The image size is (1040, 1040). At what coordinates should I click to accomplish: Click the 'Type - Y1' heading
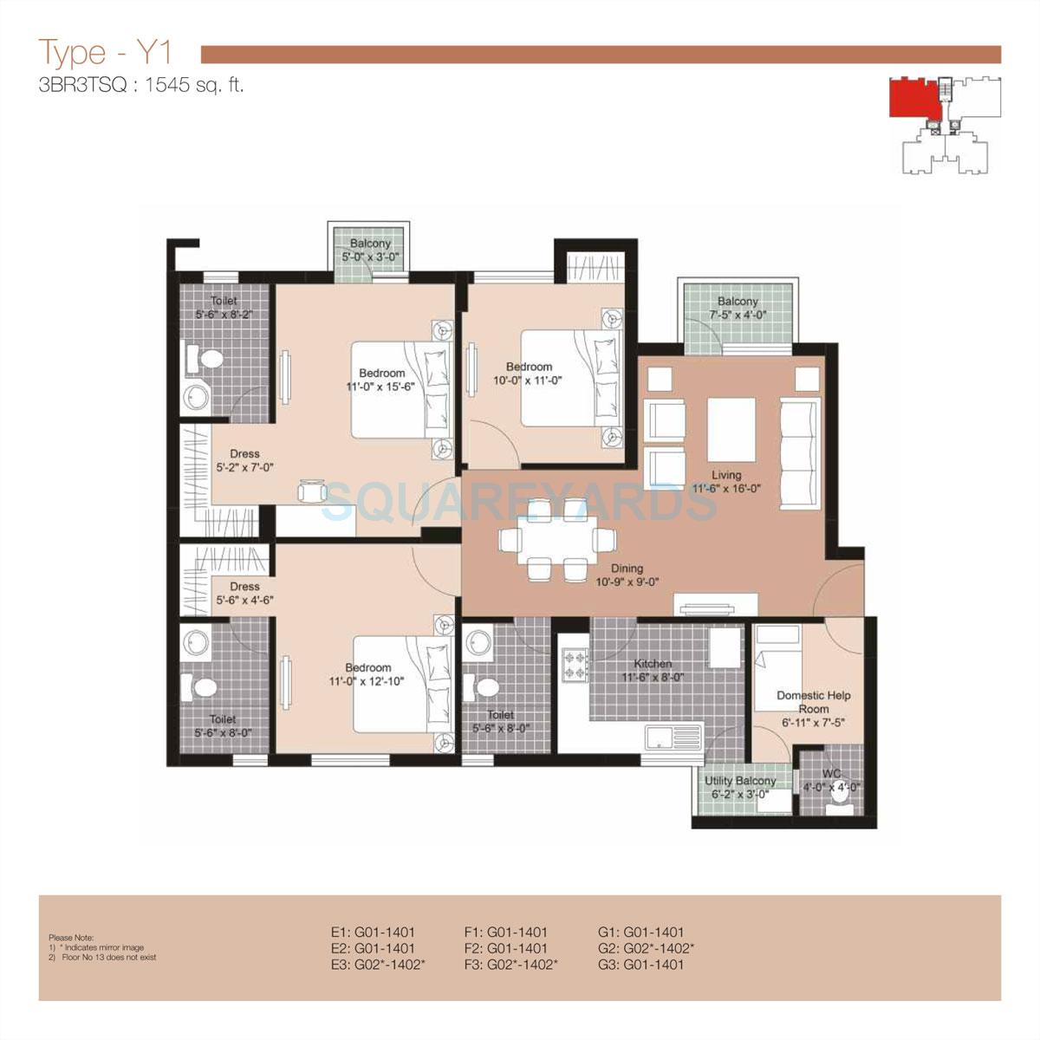(x=105, y=53)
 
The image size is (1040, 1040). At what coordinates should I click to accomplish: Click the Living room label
(x=726, y=475)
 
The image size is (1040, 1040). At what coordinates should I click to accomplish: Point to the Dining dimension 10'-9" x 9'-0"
(x=627, y=582)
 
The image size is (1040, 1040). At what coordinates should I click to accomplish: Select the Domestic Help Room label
(x=813, y=702)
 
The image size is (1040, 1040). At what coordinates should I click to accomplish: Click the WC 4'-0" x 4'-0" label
(x=831, y=781)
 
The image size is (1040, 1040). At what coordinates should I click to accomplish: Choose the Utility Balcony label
(x=740, y=781)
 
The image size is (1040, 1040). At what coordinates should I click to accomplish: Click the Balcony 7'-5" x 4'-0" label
(x=737, y=308)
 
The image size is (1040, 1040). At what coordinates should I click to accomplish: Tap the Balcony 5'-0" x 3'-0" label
(x=370, y=250)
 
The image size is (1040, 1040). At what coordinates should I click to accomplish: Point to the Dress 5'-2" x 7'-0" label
(x=244, y=461)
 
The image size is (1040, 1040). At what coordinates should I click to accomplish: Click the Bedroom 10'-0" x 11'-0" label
(x=529, y=374)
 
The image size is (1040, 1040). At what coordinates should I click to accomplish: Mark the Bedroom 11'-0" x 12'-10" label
(x=368, y=674)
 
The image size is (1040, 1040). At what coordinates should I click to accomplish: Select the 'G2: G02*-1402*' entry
(x=646, y=948)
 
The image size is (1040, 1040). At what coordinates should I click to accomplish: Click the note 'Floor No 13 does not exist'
(x=107, y=958)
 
